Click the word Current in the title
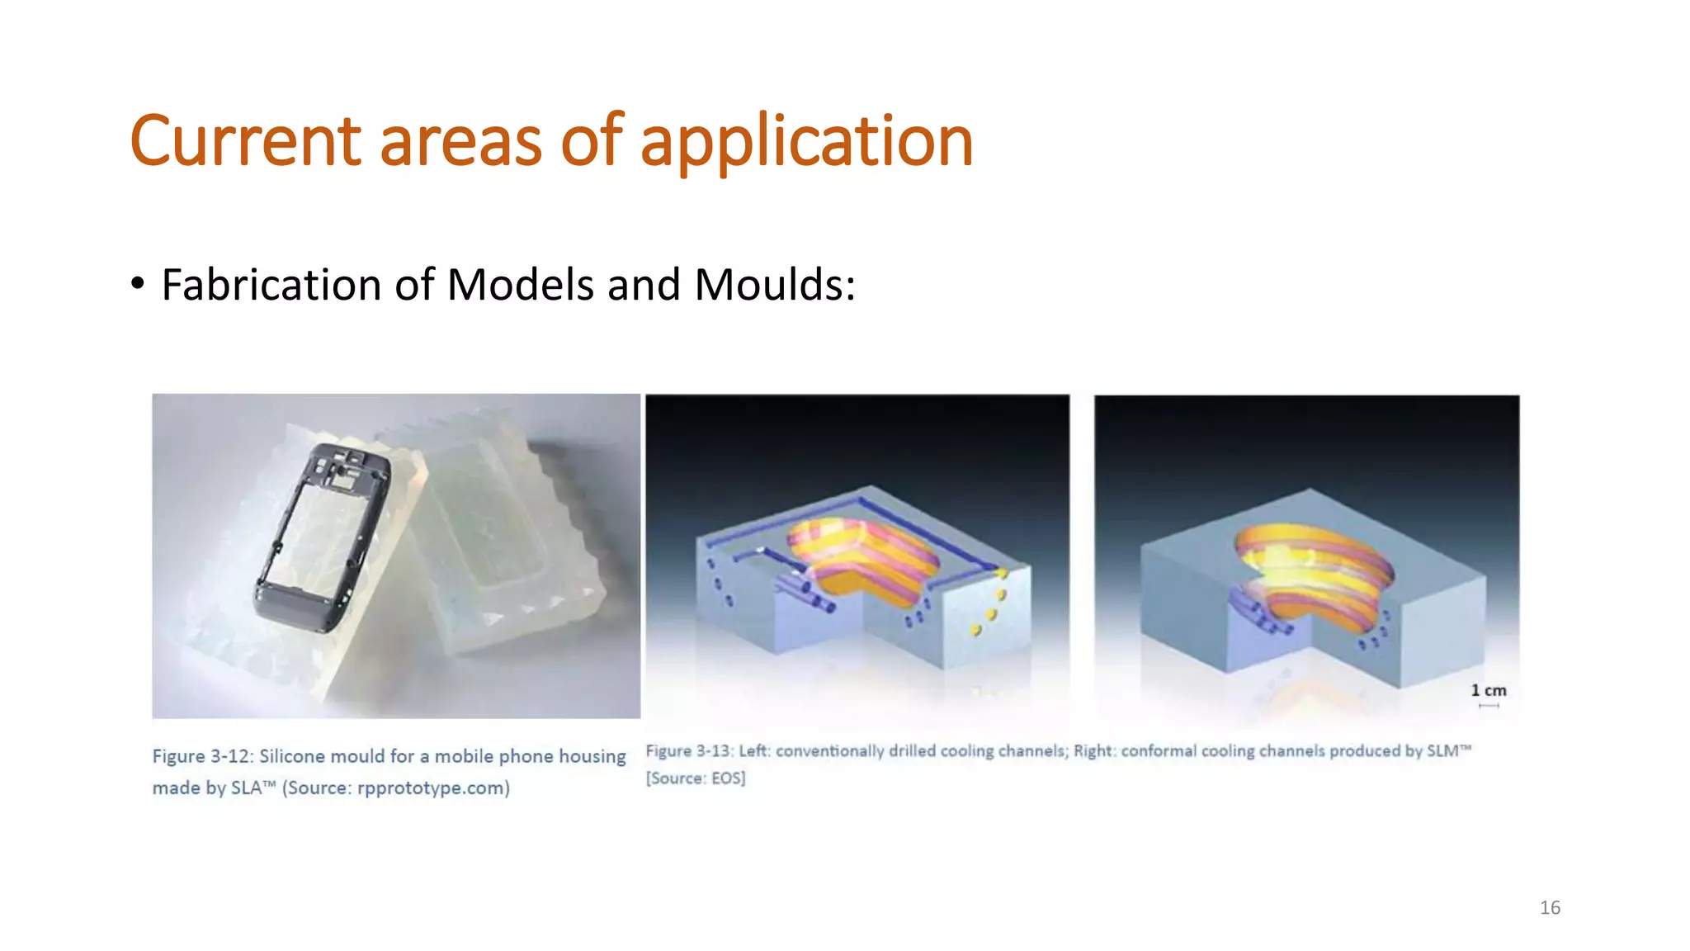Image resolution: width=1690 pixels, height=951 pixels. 245,140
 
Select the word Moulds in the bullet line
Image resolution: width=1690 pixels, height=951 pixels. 767,285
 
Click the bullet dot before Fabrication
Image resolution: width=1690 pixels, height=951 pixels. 137,284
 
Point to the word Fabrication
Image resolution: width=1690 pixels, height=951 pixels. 271,285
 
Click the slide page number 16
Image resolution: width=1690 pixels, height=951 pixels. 1550,907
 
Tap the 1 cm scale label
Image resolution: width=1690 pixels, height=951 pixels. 1488,690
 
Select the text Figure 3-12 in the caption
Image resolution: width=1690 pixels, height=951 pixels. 201,756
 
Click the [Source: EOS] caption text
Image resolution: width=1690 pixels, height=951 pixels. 695,778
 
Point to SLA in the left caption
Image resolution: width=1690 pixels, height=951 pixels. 246,788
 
